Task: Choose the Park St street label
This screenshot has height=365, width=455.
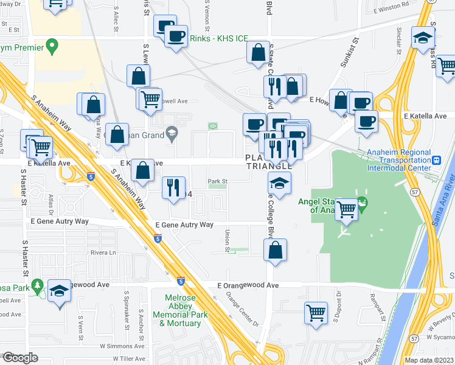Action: coord(217,181)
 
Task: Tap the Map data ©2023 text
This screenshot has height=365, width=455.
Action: coord(428,360)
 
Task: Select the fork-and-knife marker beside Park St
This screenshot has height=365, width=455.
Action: coord(174,187)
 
